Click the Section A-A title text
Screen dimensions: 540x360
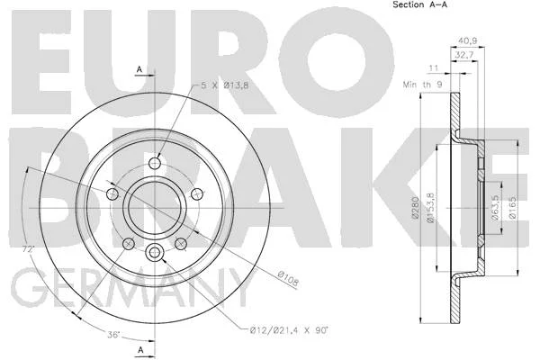[419, 4]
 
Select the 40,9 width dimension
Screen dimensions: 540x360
[467, 40]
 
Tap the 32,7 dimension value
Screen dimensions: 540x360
[464, 54]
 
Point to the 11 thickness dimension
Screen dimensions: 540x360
[433, 67]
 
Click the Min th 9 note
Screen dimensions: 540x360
[423, 84]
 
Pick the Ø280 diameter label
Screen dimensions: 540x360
[415, 207]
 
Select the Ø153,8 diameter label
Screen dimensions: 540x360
[431, 208]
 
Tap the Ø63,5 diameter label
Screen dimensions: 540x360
[495, 208]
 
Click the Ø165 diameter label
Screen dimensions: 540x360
[512, 207]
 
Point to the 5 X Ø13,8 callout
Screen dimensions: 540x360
[224, 85]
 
